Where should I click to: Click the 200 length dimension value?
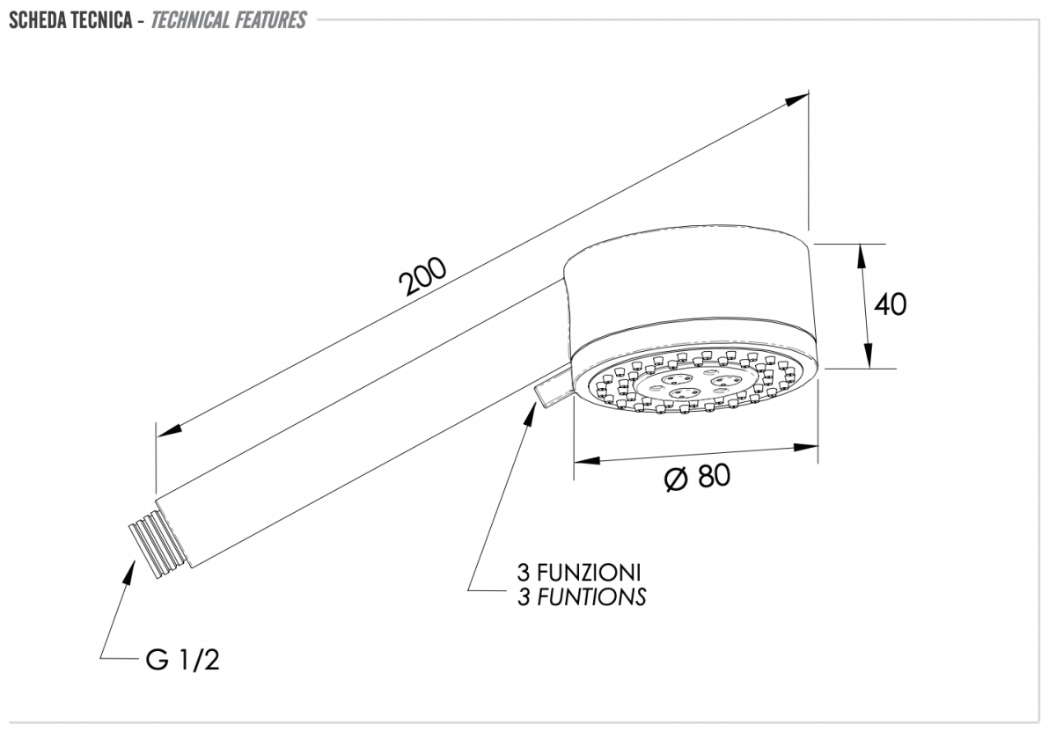pos(422,276)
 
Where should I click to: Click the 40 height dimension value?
pos(890,304)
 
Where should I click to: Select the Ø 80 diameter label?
pos(697,477)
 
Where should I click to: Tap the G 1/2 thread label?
pos(183,660)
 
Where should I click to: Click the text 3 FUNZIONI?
pos(579,573)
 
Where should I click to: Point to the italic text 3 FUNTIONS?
pos(582,596)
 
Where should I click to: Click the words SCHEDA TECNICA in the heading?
pos(70,20)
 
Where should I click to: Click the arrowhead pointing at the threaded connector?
pos(129,572)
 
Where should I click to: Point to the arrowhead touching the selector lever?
pos(531,414)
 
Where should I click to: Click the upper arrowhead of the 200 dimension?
pos(796,99)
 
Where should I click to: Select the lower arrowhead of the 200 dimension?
pos(169,430)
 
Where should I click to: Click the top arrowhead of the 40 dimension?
pos(861,256)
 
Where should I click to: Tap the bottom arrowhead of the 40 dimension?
pos(868,355)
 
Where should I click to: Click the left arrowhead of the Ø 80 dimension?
pos(587,459)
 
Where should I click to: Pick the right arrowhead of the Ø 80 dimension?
pos(806,447)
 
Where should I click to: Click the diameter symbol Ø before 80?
pos(676,479)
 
